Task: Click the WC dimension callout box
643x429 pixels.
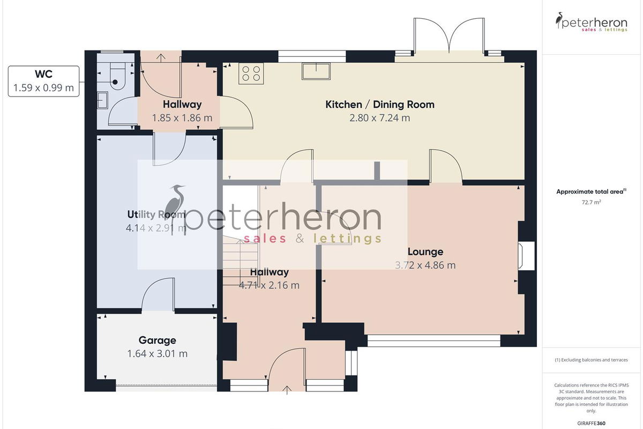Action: click(x=43, y=82)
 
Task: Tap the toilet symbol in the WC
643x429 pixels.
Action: click(x=118, y=76)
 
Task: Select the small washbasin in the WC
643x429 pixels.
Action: click(x=102, y=100)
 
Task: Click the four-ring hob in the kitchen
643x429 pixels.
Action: click(x=251, y=73)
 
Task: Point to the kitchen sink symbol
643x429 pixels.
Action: click(x=316, y=71)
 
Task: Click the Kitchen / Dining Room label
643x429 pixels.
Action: click(x=380, y=105)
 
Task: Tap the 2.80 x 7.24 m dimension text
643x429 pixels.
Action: click(x=380, y=118)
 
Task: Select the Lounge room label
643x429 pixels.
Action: click(x=425, y=252)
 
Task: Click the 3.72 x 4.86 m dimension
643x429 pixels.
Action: click(x=425, y=265)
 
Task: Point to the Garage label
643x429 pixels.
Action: click(x=158, y=340)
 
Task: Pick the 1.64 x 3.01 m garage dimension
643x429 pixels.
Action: click(x=158, y=353)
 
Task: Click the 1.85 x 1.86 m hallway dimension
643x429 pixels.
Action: click(x=182, y=118)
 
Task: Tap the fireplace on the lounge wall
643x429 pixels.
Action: click(x=526, y=256)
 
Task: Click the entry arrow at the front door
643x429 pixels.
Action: click(x=287, y=390)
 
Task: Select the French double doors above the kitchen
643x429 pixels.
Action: click(x=449, y=36)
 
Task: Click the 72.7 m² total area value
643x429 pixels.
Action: click(x=592, y=202)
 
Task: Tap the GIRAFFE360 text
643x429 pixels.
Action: click(x=592, y=423)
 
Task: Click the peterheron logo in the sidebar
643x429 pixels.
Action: click(x=592, y=22)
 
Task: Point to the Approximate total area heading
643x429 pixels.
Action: click(x=592, y=191)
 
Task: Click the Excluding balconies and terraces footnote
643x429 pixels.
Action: click(x=592, y=360)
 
